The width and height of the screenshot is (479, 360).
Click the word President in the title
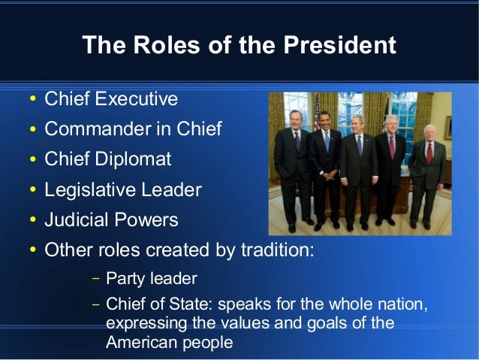coord(340,45)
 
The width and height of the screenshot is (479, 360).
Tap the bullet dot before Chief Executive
coord(31,100)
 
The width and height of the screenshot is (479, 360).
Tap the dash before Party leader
coord(95,279)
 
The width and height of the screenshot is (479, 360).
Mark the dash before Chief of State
coord(95,305)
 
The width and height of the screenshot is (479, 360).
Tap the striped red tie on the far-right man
coord(429,153)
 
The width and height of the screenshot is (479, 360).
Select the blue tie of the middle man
coord(358,146)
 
